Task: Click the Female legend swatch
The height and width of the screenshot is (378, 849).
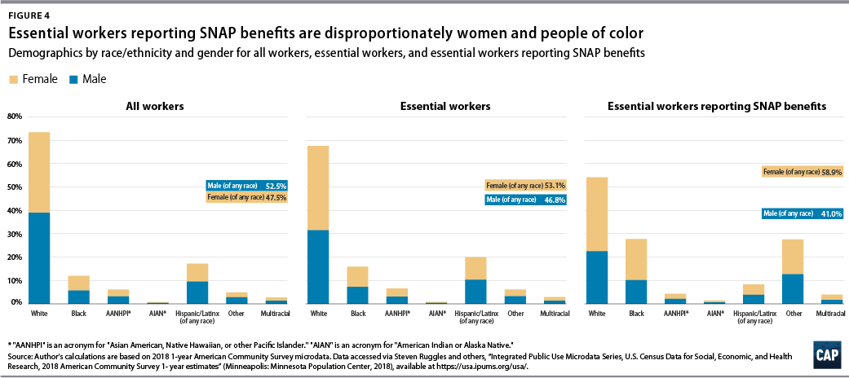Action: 14,79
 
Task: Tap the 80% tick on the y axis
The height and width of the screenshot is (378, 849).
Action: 13,116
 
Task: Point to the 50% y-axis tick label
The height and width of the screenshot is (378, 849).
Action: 13,187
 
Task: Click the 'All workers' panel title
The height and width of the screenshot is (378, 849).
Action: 154,106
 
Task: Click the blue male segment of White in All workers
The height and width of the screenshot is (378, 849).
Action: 39,257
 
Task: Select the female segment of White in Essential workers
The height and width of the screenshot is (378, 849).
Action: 318,188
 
